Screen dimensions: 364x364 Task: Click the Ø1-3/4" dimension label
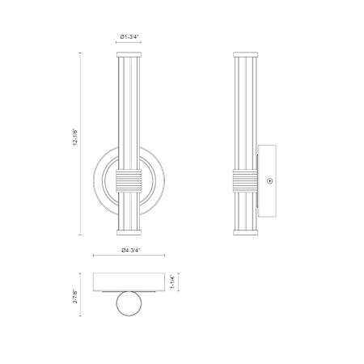click(x=129, y=36)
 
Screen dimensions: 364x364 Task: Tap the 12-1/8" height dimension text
click(x=75, y=137)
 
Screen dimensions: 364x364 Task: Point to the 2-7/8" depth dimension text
click(x=75, y=296)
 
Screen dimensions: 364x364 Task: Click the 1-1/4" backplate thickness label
click(x=172, y=281)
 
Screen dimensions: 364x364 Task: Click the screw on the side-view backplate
click(x=269, y=181)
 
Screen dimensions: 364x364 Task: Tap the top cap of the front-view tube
click(x=129, y=54)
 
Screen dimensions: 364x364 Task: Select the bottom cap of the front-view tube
click(x=129, y=232)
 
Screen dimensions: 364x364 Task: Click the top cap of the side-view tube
click(x=245, y=54)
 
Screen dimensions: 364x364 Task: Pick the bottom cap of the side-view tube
click(x=245, y=232)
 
